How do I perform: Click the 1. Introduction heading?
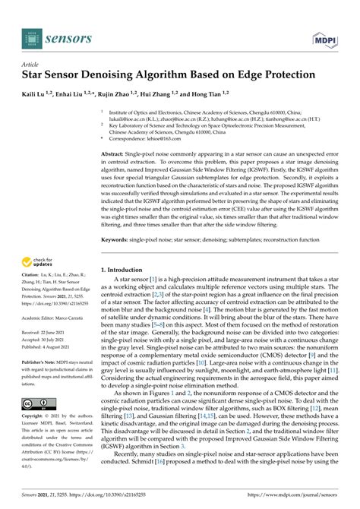click(x=126, y=270)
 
